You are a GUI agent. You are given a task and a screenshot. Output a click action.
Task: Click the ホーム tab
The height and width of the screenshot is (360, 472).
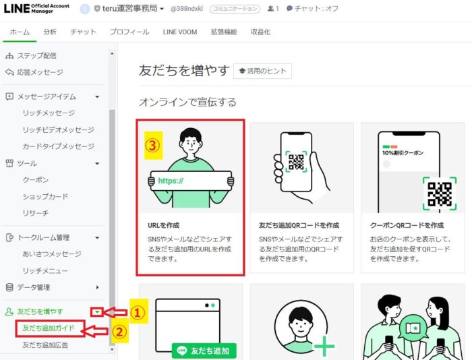20,32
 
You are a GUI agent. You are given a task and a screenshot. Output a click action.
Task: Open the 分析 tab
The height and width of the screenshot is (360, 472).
50,32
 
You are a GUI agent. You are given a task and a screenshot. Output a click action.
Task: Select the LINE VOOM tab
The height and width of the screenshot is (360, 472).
180,32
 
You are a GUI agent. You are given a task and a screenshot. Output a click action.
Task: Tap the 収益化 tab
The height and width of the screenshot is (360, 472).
261,32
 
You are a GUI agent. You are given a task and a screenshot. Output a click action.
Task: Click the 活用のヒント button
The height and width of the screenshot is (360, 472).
262,71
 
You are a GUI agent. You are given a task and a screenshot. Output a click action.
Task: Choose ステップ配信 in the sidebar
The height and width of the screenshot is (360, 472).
36,56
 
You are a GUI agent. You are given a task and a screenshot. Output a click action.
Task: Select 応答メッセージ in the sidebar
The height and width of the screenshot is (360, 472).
40,72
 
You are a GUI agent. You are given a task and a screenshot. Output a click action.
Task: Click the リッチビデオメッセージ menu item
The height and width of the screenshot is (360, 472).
59,129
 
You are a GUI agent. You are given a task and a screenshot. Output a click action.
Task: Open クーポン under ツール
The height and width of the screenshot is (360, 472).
36,180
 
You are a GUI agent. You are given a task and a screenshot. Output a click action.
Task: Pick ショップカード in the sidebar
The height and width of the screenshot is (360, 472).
45,197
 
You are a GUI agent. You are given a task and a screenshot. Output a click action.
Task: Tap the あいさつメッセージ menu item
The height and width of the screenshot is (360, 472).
52,254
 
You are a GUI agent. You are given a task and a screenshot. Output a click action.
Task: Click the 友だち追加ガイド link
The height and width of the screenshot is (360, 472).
49,328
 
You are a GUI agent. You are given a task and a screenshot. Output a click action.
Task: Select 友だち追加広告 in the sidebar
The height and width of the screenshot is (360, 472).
45,345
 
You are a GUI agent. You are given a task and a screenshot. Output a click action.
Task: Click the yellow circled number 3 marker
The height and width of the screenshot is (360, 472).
153,145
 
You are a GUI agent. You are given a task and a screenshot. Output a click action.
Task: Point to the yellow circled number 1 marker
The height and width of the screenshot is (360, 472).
138,312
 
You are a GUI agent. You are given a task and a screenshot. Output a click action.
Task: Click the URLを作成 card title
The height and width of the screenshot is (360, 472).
163,225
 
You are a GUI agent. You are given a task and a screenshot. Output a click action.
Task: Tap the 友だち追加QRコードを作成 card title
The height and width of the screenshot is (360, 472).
299,225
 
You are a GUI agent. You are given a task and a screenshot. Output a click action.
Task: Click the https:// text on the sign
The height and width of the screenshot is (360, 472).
171,181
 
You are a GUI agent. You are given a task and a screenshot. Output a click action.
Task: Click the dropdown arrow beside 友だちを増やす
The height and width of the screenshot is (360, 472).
97,312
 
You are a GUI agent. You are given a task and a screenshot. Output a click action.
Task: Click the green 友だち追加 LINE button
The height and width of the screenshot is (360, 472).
204,351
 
